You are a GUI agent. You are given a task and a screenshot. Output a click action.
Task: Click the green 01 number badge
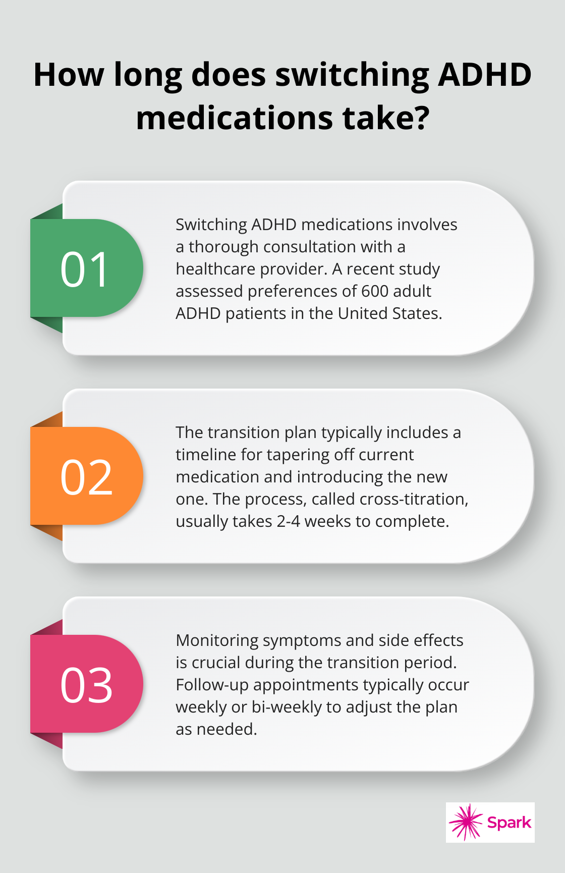pyautogui.click(x=86, y=268)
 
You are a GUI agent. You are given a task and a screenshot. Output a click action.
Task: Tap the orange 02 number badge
pyautogui.click(x=86, y=476)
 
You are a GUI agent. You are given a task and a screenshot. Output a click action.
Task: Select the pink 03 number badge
pyautogui.click(x=86, y=684)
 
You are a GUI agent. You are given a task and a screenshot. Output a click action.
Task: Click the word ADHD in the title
pyautogui.click(x=485, y=75)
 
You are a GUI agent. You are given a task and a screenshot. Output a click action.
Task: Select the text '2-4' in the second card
pyautogui.click(x=288, y=521)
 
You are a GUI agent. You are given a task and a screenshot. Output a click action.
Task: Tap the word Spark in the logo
pyautogui.click(x=509, y=823)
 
